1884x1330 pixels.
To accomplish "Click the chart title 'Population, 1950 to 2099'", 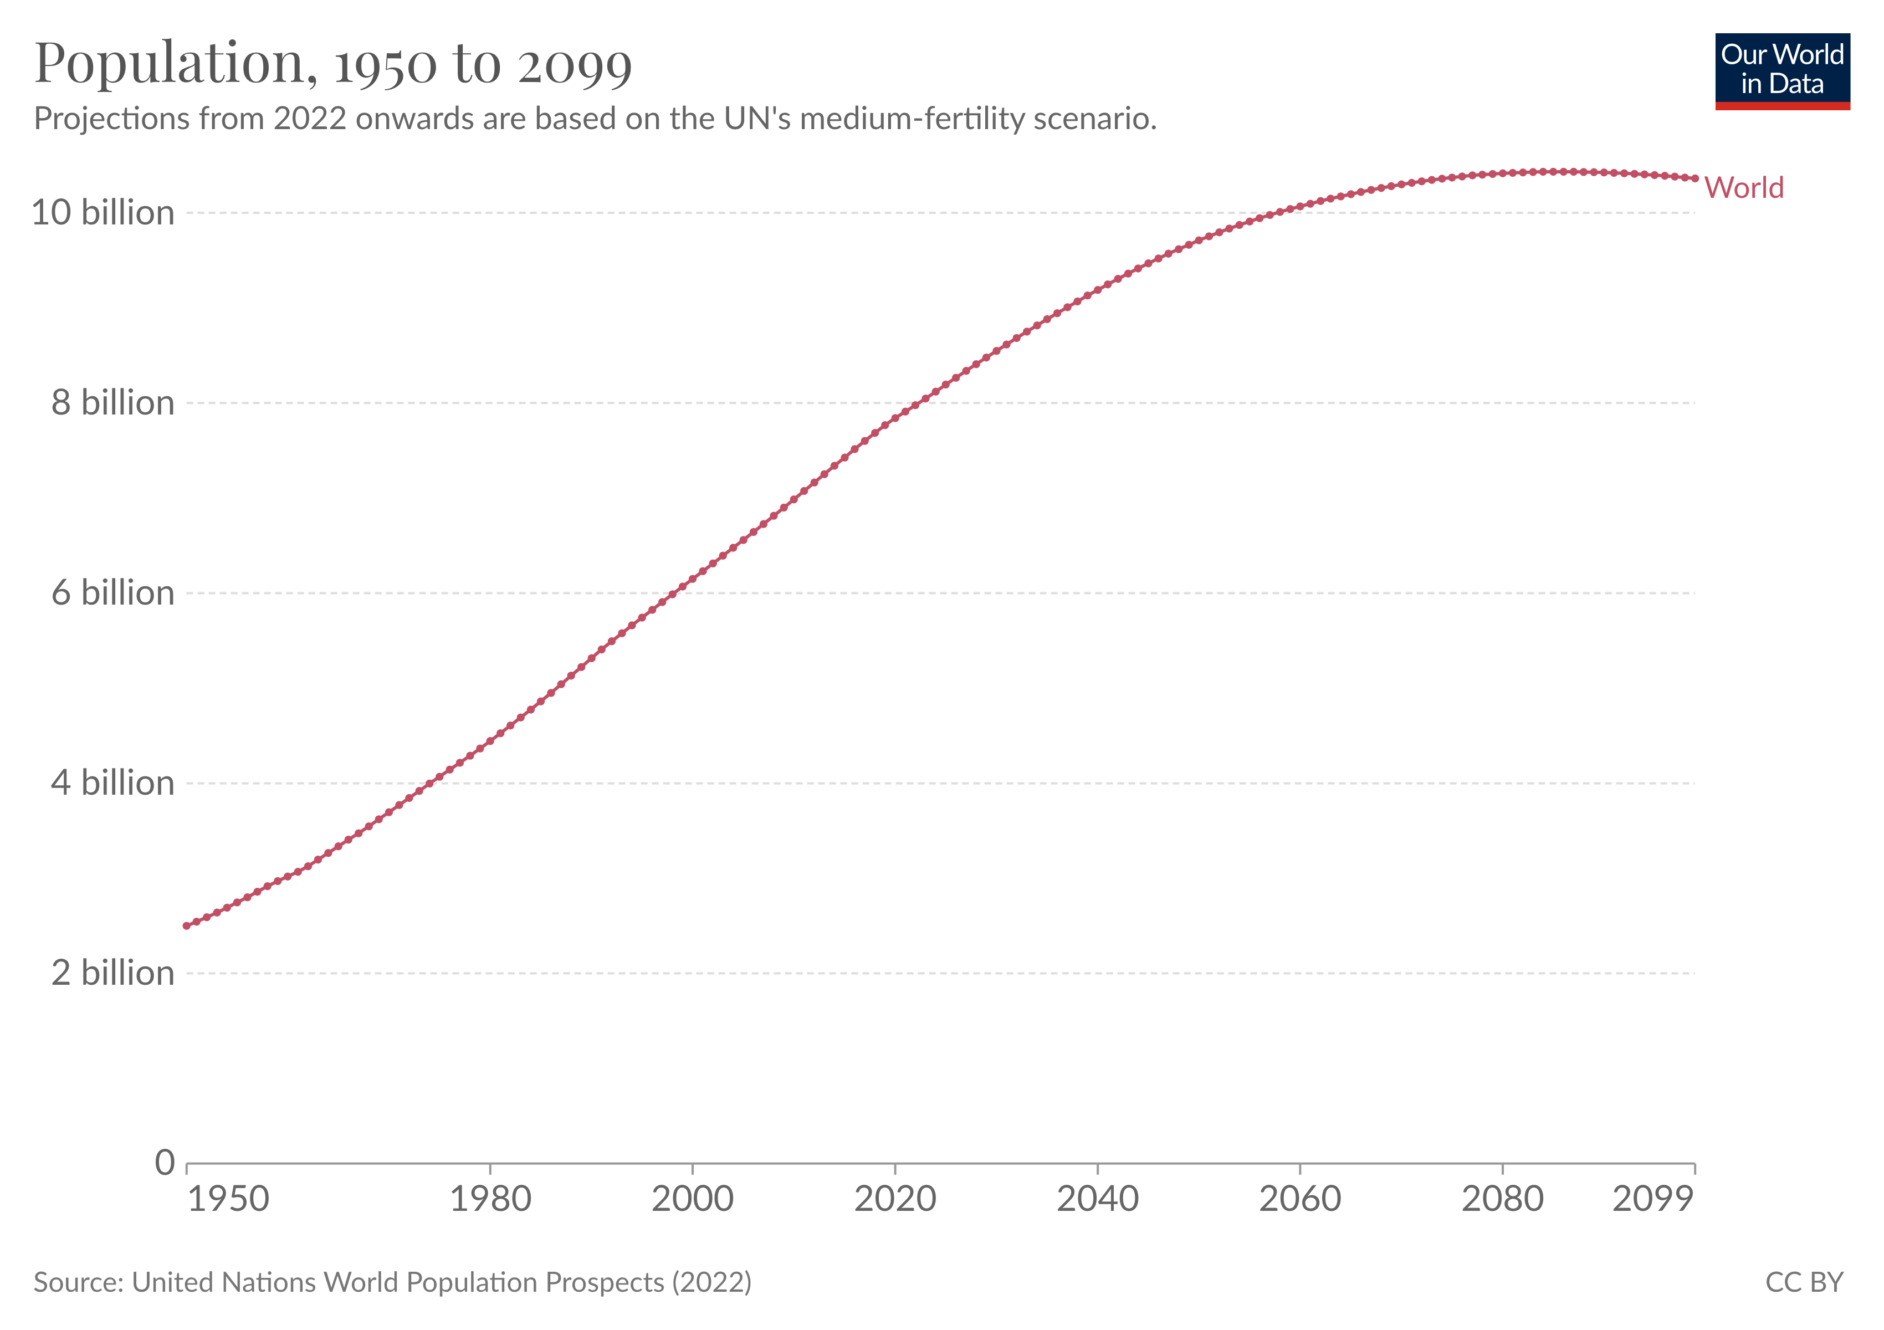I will pos(333,63).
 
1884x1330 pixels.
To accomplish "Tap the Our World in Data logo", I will pos(1781,70).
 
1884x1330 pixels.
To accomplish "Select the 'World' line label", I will pos(1744,188).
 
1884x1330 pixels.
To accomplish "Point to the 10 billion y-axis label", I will pos(103,213).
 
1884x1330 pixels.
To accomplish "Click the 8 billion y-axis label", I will pos(112,403).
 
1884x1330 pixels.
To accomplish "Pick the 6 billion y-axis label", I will pos(112,593).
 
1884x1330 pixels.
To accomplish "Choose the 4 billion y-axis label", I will pos(112,784).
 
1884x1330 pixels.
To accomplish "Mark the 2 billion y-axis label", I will pos(112,973).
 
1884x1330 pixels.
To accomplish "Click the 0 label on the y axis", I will pos(165,1163).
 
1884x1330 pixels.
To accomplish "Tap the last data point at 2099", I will pos(1694,178).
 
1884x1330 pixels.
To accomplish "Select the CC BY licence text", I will pos(1804,1282).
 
